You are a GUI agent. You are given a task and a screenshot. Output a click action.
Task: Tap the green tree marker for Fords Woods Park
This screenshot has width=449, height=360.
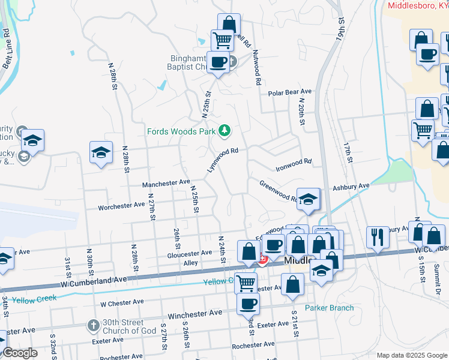tap(224, 130)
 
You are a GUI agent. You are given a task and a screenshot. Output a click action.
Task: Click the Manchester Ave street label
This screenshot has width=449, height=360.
tap(166, 182)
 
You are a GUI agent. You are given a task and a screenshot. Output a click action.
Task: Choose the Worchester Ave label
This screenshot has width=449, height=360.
tap(122, 205)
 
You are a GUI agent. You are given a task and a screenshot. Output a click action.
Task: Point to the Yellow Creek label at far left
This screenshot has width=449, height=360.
tap(35, 298)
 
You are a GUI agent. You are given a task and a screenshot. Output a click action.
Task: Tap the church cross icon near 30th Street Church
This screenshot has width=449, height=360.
tap(93, 326)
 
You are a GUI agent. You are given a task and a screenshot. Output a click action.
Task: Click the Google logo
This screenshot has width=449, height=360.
tap(20, 353)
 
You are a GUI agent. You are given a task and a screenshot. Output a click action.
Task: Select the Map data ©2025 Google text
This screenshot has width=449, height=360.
tap(411, 355)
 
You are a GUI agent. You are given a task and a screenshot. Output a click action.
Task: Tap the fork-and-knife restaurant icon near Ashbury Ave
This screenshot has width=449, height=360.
tap(378, 237)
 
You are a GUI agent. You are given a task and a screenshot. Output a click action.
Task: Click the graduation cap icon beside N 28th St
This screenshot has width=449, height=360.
tap(101, 153)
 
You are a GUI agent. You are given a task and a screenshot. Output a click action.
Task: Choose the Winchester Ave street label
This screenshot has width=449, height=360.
tap(194, 313)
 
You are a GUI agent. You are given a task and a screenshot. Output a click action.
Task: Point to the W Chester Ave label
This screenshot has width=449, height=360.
tap(122, 302)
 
